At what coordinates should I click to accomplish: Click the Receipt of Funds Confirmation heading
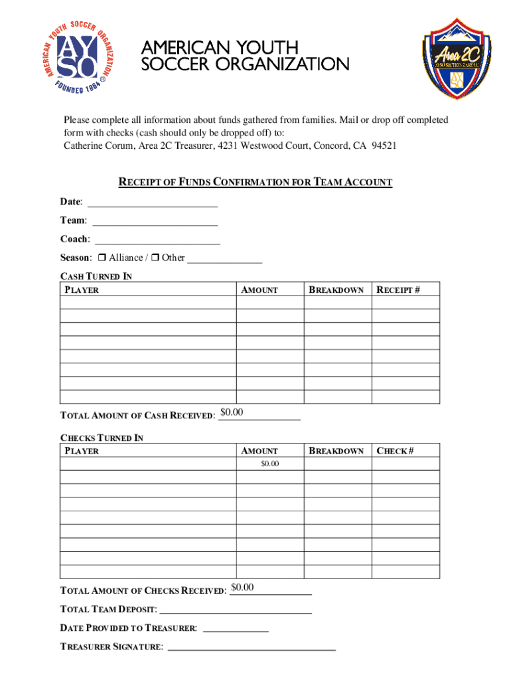[x=255, y=182]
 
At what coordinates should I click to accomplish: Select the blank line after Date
[x=152, y=202]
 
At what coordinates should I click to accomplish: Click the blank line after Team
[x=155, y=220]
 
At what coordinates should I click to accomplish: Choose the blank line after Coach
[x=157, y=239]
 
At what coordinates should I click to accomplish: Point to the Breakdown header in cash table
[x=336, y=290]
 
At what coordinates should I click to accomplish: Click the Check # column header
[x=396, y=451]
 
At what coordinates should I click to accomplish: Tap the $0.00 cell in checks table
[x=269, y=464]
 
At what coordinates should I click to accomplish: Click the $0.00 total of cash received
[x=232, y=413]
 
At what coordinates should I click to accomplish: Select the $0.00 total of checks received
[x=242, y=588]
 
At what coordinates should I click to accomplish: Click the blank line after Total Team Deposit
[x=236, y=610]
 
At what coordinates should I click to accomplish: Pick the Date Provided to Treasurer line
[x=235, y=628]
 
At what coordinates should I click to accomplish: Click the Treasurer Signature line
[x=252, y=647]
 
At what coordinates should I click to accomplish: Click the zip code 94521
[x=384, y=146]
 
